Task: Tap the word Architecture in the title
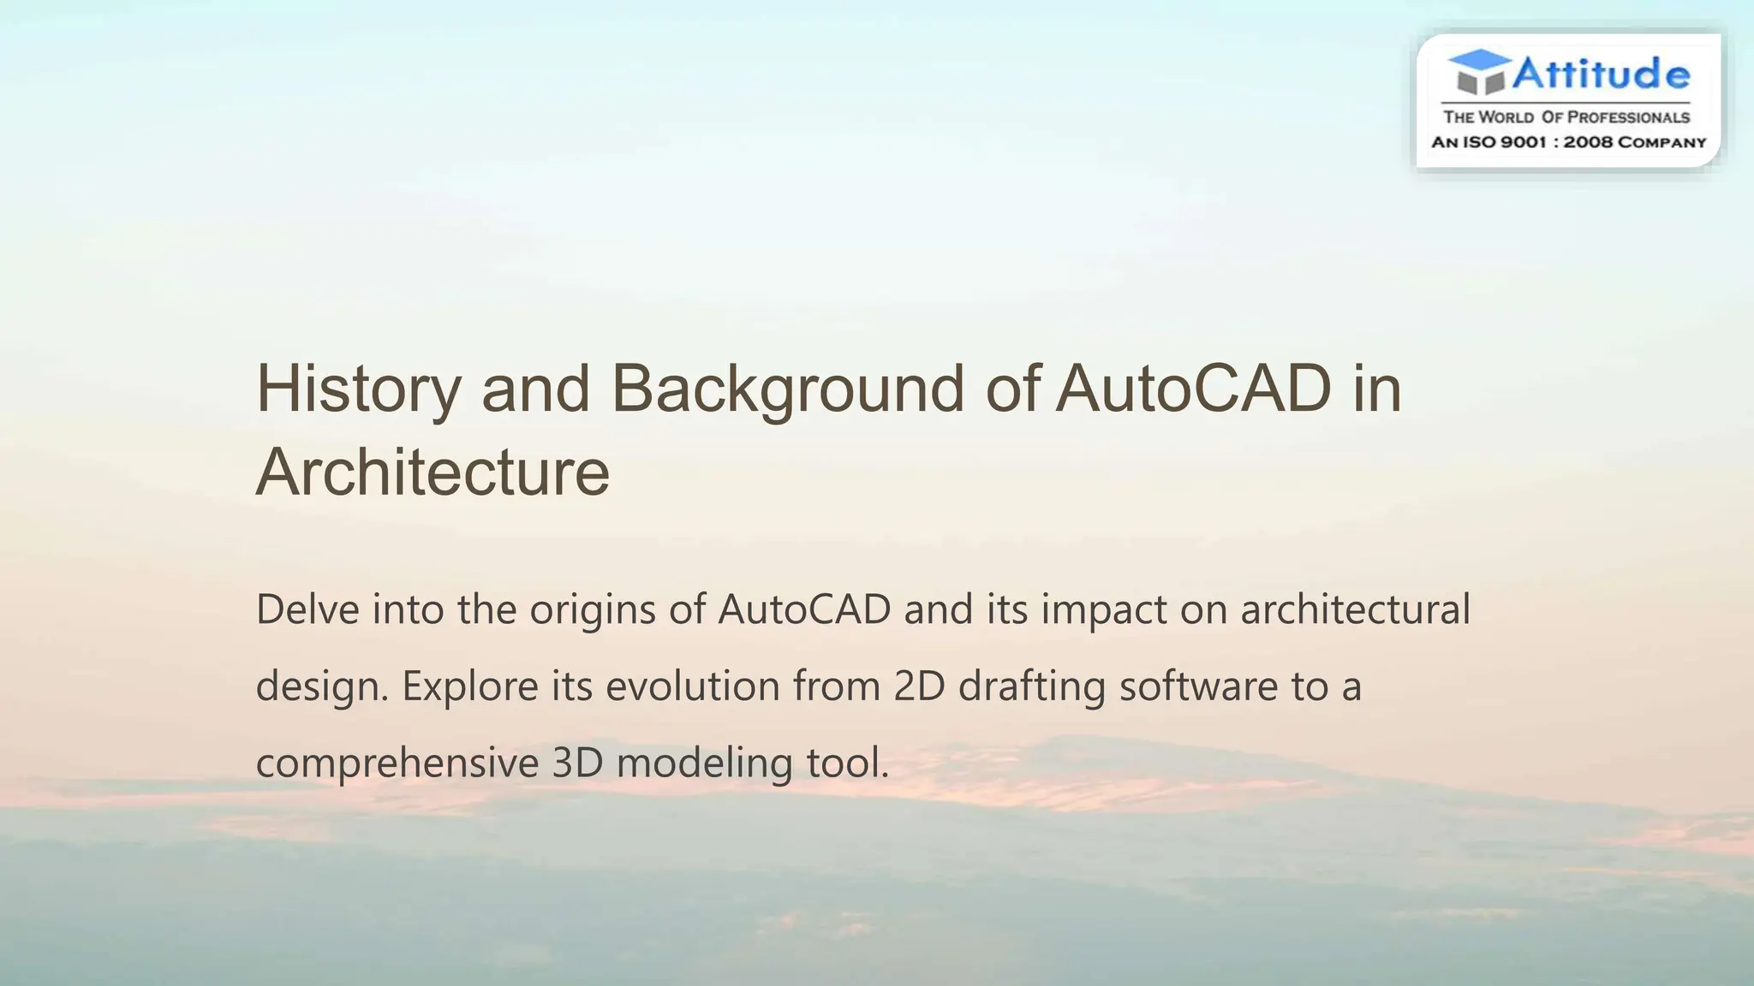tap(433, 472)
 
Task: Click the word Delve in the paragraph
tap(307, 609)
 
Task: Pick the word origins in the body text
tap(592, 609)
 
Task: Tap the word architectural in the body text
tap(1355, 609)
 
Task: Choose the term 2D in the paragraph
tap(918, 686)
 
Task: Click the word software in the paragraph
tap(1198, 686)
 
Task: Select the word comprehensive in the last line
tap(397, 763)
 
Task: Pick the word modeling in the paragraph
tap(704, 763)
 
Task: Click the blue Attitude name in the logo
tap(1601, 74)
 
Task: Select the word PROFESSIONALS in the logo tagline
tap(1628, 117)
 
